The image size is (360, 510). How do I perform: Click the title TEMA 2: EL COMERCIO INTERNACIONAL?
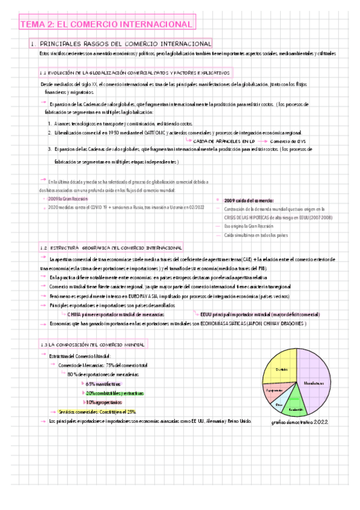pos(107,24)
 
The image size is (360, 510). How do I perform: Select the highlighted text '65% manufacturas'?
pos(103,384)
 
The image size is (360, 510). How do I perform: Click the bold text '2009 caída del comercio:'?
pos(248,200)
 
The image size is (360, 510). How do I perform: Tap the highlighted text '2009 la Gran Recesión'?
pos(68,198)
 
